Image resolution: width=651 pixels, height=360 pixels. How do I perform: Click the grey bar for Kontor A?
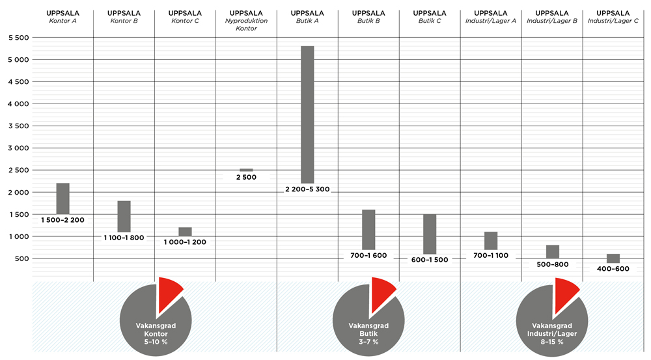(62, 199)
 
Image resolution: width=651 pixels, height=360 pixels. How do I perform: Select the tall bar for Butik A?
(307, 115)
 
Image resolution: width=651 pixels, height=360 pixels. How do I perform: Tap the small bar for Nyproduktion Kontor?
(246, 170)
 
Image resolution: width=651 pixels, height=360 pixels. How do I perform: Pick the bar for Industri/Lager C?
(613, 258)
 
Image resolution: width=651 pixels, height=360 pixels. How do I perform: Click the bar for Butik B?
(368, 229)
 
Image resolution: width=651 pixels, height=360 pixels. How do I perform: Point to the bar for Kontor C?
(185, 232)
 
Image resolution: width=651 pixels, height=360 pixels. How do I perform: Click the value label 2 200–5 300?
(307, 189)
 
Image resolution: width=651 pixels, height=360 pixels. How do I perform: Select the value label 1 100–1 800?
(124, 238)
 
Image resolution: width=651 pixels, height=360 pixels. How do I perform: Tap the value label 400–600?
(613, 268)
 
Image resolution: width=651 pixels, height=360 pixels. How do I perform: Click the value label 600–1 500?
(430, 260)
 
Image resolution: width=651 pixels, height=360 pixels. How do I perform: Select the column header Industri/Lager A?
(491, 17)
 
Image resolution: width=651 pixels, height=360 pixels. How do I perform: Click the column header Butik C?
(430, 17)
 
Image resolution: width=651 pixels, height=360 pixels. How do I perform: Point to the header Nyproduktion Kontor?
(246, 21)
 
